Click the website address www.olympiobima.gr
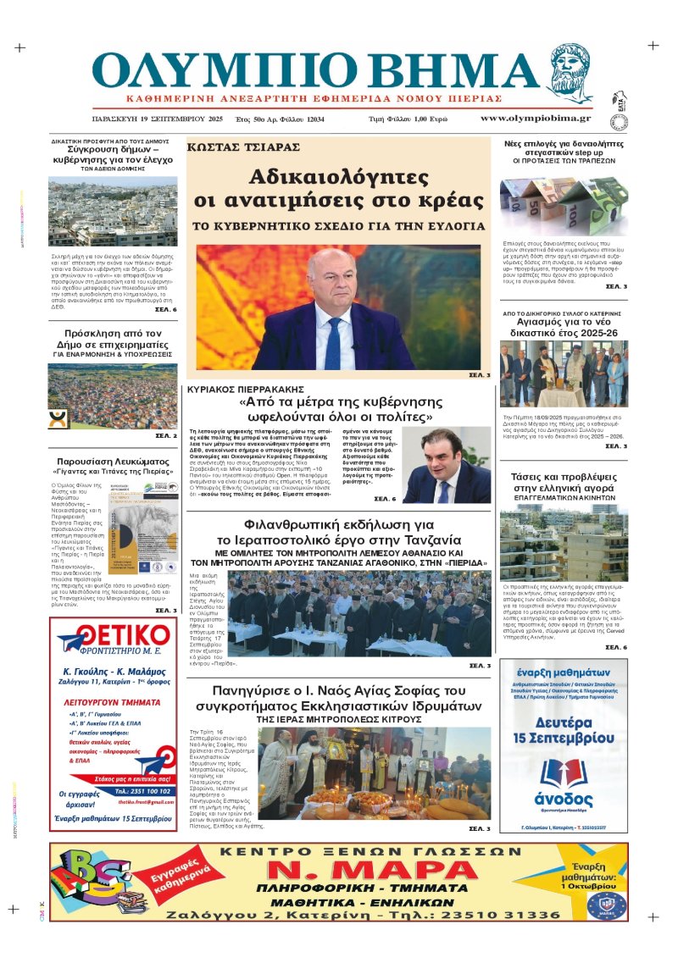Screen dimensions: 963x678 (x=536, y=119)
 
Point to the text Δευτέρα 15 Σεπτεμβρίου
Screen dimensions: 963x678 (x=563, y=730)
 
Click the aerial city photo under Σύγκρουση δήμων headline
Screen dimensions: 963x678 (x=113, y=212)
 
